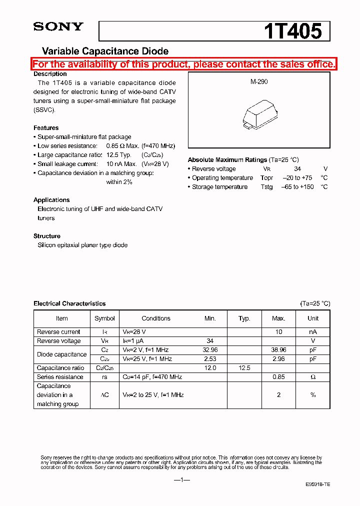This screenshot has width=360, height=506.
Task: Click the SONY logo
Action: (58, 27)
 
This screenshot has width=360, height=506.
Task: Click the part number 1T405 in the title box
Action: (292, 31)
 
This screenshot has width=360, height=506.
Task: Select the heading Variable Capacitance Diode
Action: (105, 51)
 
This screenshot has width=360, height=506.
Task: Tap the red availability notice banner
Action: (184, 64)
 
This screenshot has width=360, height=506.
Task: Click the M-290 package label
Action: (259, 81)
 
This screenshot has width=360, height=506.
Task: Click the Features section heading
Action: (46, 128)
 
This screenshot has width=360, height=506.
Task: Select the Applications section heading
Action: (51, 200)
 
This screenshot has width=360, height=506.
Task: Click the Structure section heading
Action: (47, 236)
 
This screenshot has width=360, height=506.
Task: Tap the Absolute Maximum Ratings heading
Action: (227, 160)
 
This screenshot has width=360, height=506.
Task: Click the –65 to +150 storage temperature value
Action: (298, 187)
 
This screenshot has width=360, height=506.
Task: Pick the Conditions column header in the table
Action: (156, 318)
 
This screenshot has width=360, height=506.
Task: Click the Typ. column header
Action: (244, 318)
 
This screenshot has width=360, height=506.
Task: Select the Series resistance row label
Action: (60, 377)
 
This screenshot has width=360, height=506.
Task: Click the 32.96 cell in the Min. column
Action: (210, 350)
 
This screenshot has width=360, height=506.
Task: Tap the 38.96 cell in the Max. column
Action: (278, 350)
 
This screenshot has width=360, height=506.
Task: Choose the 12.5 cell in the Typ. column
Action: (244, 368)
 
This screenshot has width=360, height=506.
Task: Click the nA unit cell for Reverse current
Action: (313, 332)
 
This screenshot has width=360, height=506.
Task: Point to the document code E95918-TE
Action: (318, 485)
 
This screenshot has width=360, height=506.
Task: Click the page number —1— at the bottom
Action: (182, 480)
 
